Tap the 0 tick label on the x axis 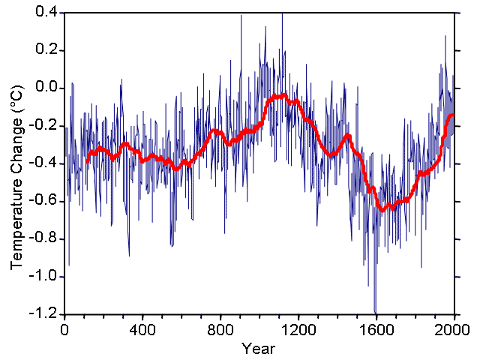(x=64, y=328)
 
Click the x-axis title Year (x=259, y=348)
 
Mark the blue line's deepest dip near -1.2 (x=375, y=312)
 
